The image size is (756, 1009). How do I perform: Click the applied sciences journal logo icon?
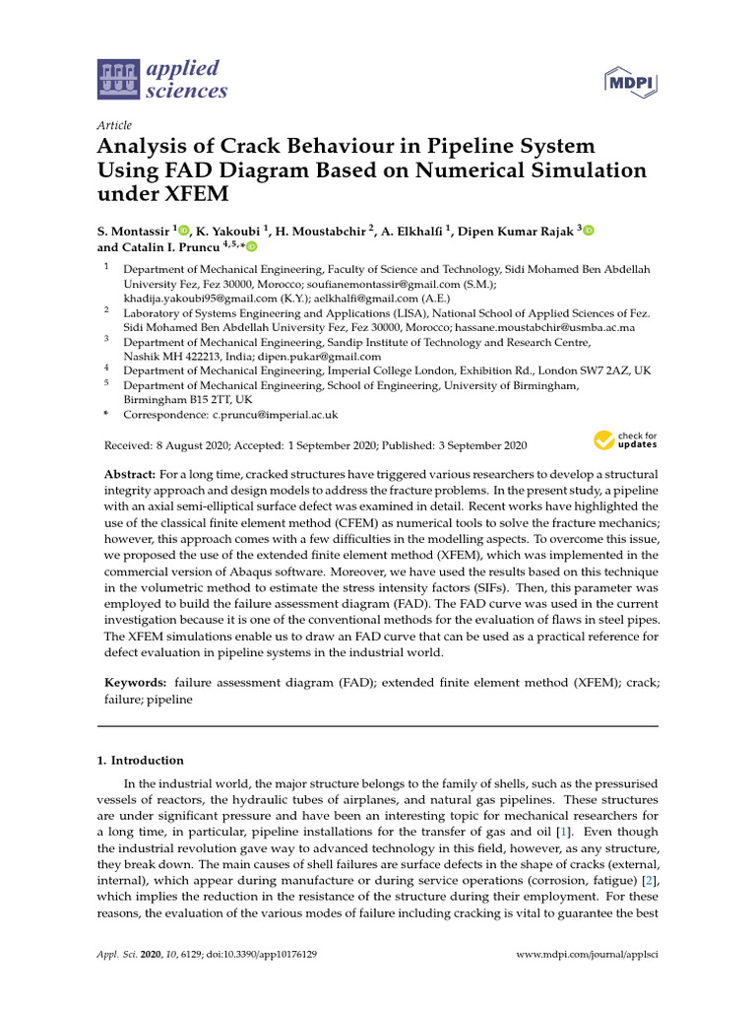(118, 80)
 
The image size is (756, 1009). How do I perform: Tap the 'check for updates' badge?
(624, 439)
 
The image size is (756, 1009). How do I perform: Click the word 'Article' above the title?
(114, 125)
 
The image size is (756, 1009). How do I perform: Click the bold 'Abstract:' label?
(133, 475)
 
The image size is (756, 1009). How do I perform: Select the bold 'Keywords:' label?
(136, 682)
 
